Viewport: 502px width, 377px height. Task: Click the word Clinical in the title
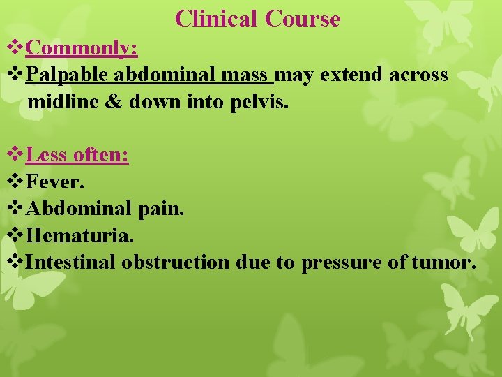click(x=217, y=19)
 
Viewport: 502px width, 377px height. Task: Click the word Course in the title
click(x=303, y=19)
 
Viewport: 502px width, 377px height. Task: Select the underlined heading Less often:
click(x=77, y=154)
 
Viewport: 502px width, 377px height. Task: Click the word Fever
click(x=55, y=182)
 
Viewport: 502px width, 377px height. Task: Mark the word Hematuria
click(x=79, y=235)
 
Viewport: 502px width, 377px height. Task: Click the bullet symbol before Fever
click(x=15, y=182)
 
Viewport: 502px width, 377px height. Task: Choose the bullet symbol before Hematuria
click(x=15, y=235)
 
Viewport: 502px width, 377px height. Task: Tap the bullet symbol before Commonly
click(x=15, y=48)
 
